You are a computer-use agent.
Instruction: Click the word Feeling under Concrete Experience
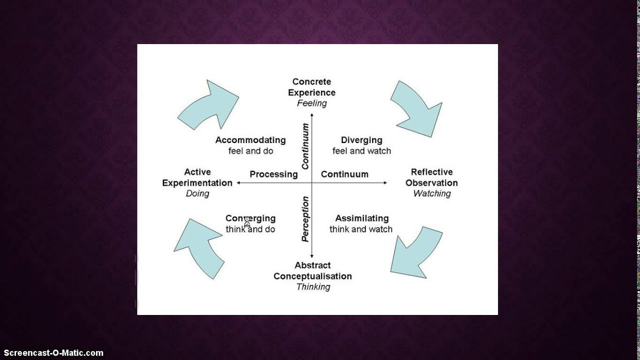pyautogui.click(x=311, y=103)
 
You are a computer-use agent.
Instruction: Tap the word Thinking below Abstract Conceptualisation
pyautogui.click(x=313, y=287)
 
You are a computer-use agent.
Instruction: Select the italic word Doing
pyautogui.click(x=197, y=193)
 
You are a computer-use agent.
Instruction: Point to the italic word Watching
pyautogui.click(x=432, y=193)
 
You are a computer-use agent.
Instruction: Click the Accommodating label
pyautogui.click(x=250, y=140)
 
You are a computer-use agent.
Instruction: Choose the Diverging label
pyautogui.click(x=361, y=140)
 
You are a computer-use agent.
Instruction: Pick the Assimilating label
pyautogui.click(x=361, y=218)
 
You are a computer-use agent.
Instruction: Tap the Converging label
pyautogui.click(x=250, y=218)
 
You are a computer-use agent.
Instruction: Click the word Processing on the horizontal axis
pyautogui.click(x=273, y=174)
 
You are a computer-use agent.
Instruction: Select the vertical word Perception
pyautogui.click(x=305, y=219)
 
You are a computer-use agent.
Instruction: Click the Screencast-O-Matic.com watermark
pyautogui.click(x=52, y=353)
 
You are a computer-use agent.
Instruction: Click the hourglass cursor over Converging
pyautogui.click(x=247, y=221)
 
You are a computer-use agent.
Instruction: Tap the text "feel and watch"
pyautogui.click(x=361, y=150)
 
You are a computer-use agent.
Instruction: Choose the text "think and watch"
pyautogui.click(x=360, y=229)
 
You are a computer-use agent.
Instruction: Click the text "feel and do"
pyautogui.click(x=250, y=150)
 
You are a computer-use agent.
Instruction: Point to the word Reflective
pyautogui.click(x=431, y=172)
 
